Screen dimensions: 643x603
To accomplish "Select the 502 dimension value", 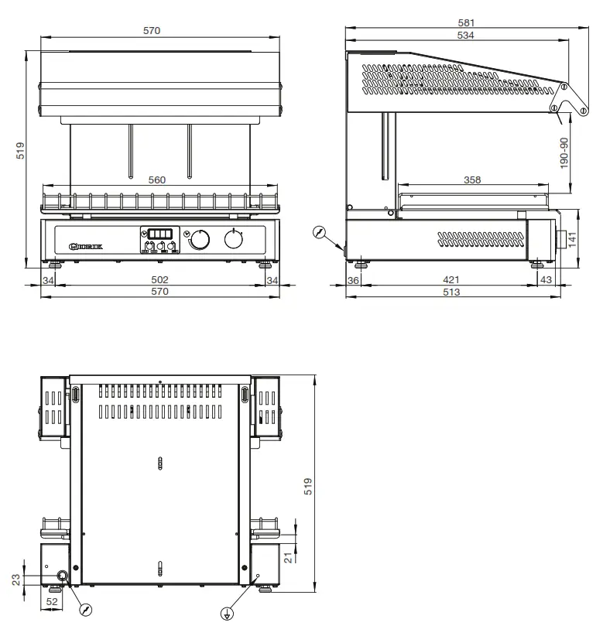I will point(159,279).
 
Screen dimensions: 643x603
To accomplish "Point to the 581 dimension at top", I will point(466,23).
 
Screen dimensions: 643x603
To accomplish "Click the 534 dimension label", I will point(466,36).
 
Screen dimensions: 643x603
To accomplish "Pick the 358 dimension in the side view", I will point(471,180).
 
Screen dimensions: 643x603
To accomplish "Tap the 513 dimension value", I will point(451,292).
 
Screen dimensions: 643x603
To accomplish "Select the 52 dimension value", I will point(52,600).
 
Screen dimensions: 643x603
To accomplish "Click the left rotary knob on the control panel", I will point(199,241).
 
